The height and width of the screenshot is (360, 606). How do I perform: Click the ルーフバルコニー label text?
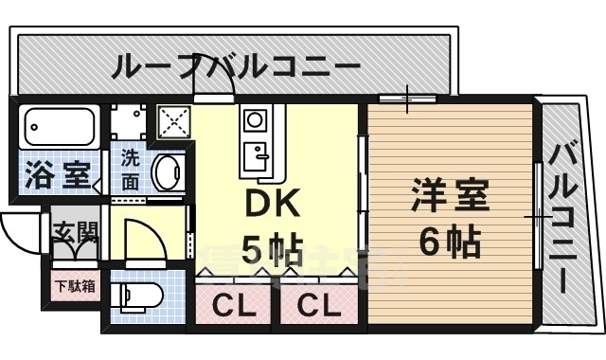point(237,68)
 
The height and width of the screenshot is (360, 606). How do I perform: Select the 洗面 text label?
point(130,168)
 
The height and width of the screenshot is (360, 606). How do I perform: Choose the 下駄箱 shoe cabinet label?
point(74,285)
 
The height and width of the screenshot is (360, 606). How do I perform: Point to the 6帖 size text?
point(450,243)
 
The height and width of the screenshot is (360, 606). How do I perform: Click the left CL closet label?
point(231,307)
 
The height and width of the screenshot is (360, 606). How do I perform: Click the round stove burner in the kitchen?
point(254,120)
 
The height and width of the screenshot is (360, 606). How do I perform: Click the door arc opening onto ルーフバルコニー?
point(212,88)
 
